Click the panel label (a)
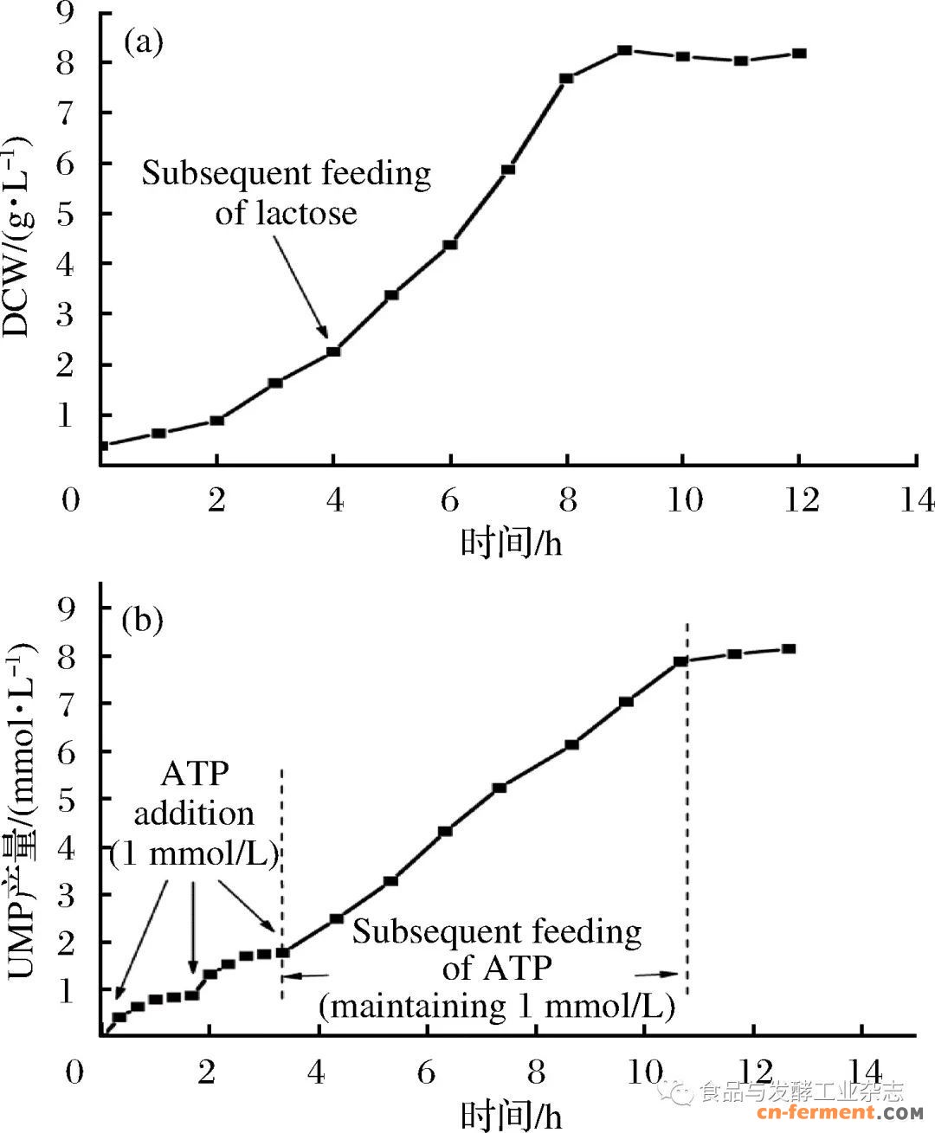click(x=143, y=42)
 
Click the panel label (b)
click(x=143, y=619)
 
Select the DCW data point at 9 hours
click(x=625, y=50)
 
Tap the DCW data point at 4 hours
click(x=333, y=351)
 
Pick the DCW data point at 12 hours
click(x=799, y=54)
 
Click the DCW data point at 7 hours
click(x=508, y=170)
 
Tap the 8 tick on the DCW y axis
click(x=67, y=62)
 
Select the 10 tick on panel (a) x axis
click(x=684, y=499)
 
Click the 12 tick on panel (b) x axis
click(x=754, y=1072)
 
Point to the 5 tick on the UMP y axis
click(x=67, y=799)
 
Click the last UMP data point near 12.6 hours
click(x=789, y=648)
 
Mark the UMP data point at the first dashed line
click(x=282, y=952)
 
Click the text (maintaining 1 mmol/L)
click(x=496, y=1006)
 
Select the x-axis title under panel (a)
click(x=511, y=544)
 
